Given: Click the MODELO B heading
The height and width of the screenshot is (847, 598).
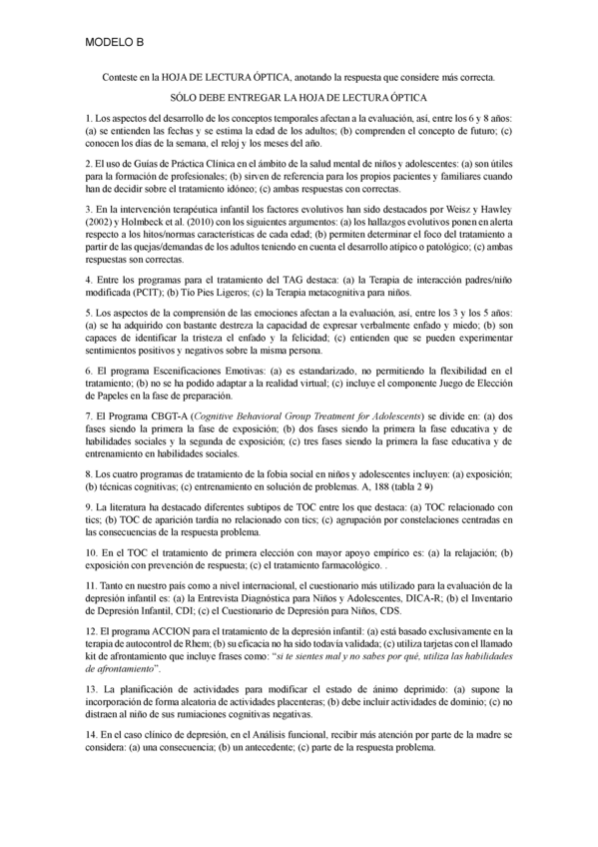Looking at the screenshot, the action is (x=115, y=42).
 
